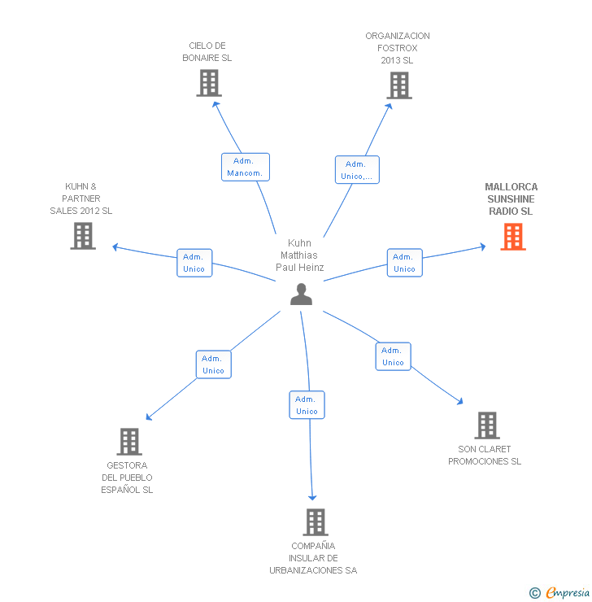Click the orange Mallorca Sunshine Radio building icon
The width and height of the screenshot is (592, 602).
(513, 236)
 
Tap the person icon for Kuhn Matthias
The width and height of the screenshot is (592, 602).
(301, 294)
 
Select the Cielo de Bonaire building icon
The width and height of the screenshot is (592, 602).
(209, 83)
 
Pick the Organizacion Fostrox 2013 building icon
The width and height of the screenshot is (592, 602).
(398, 85)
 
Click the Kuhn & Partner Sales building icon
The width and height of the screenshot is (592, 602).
(83, 236)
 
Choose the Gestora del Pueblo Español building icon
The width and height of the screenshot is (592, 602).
(129, 442)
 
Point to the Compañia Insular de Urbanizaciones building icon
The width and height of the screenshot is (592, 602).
(315, 522)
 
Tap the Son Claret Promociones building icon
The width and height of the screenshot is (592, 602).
(486, 425)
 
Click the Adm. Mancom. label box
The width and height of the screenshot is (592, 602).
(245, 167)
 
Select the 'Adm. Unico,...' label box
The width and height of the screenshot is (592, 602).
(357, 170)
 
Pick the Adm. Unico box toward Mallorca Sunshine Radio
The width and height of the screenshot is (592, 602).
(404, 263)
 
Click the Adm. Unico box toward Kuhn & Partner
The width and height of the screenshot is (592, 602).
(194, 263)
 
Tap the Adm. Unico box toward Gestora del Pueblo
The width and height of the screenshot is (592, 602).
(213, 364)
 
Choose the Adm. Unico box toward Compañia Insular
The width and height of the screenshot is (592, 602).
(307, 405)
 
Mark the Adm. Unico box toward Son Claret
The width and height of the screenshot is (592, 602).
(393, 356)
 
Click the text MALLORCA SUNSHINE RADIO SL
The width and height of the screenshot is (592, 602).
(511, 199)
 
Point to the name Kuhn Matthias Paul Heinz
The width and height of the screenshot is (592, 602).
(300, 255)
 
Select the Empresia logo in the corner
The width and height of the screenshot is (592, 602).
(568, 593)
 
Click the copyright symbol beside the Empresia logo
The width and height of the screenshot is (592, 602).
(534, 593)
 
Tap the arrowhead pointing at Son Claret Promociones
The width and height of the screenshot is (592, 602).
(460, 401)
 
